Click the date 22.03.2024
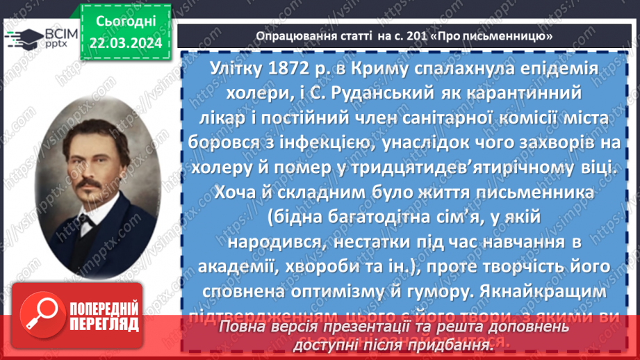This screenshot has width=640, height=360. pyautogui.click(x=125, y=43)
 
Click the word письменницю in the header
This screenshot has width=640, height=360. pyautogui.click(x=499, y=35)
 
